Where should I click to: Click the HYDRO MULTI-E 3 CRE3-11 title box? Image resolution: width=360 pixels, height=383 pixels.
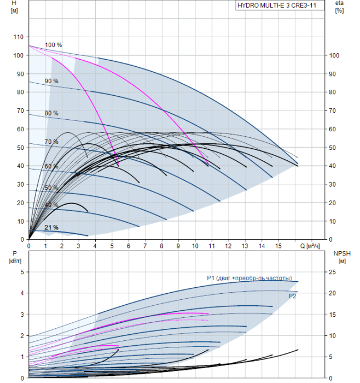(x=276, y=7)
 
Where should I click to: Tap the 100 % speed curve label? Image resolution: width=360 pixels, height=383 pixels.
(x=53, y=45)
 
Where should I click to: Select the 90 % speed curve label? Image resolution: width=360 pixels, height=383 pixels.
(x=51, y=81)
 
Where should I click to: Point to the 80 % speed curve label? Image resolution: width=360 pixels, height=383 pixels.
(x=51, y=113)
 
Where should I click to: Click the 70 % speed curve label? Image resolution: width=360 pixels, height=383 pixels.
(x=51, y=142)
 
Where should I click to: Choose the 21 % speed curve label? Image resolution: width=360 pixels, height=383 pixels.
(x=51, y=227)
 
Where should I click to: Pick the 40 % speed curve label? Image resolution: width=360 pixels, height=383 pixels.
(x=51, y=205)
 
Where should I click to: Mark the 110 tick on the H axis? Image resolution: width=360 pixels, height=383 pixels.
(x=19, y=37)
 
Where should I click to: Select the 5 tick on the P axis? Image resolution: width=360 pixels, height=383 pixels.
(x=22, y=271)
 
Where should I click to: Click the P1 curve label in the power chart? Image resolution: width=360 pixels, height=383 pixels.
(x=249, y=278)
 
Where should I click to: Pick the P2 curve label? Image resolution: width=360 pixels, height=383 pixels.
(x=293, y=295)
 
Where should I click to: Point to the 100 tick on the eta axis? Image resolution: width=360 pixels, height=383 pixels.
(x=335, y=55)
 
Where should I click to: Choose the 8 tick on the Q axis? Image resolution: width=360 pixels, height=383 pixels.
(x=161, y=246)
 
